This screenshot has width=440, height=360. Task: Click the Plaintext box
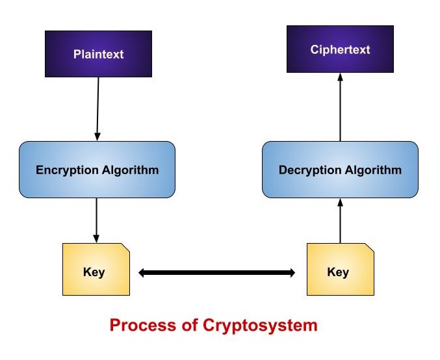pos(98,54)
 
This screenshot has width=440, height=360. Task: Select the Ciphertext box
pos(340,49)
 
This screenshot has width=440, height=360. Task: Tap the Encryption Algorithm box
pos(97,170)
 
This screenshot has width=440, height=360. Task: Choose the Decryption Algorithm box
pos(340,170)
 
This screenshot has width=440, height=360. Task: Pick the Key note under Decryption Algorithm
pos(340,272)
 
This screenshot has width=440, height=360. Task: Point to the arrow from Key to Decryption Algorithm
pos(340,220)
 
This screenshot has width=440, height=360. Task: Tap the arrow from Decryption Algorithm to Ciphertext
pos(340,107)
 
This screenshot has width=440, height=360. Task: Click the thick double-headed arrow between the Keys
pos(217,274)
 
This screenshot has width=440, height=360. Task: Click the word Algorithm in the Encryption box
pos(129,170)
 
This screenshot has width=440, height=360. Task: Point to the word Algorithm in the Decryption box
pos(373,170)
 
